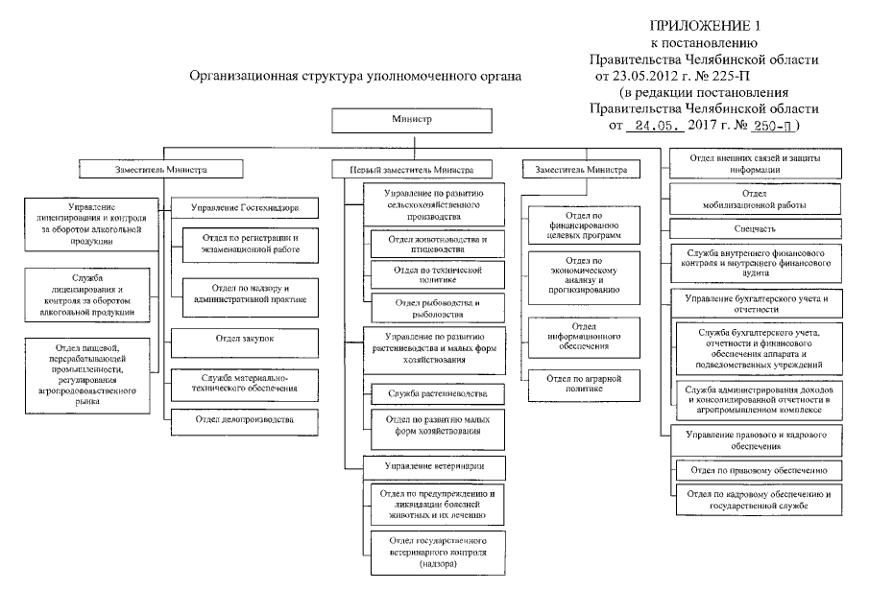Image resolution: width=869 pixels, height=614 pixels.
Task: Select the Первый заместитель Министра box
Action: pyautogui.click(x=403, y=169)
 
